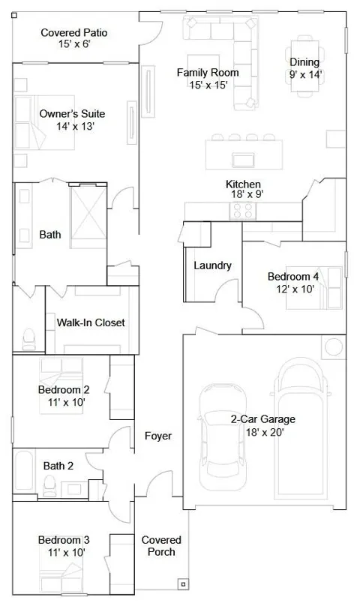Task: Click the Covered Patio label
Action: tap(73, 33)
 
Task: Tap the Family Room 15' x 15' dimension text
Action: tap(208, 85)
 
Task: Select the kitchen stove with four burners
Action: tap(243, 211)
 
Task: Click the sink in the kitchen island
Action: tap(243, 160)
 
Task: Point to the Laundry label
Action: tap(212, 265)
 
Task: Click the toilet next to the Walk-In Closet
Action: tap(28, 340)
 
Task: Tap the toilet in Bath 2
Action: tap(49, 485)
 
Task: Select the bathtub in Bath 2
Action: tap(24, 471)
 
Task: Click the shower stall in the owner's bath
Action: tap(88, 217)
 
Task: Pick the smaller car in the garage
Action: tap(222, 436)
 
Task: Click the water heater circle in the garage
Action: tap(334, 347)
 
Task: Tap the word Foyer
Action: tap(158, 436)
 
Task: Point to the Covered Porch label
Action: tap(161, 546)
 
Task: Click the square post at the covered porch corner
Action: tap(183, 584)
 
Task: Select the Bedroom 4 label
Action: tap(293, 277)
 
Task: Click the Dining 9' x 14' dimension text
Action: tap(305, 74)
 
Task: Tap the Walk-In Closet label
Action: tap(91, 322)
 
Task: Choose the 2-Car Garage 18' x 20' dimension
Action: tap(265, 432)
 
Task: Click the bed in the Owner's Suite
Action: tap(44, 122)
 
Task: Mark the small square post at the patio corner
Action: tap(14, 16)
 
